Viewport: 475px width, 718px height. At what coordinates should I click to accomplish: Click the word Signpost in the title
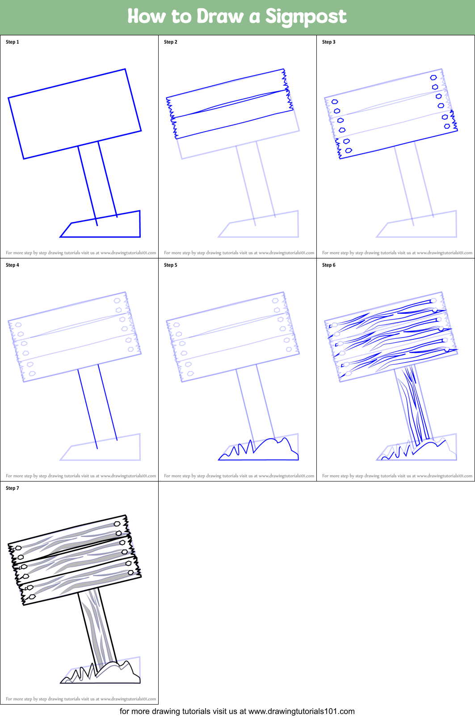(306, 17)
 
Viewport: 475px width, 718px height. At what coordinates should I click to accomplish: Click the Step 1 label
(13, 42)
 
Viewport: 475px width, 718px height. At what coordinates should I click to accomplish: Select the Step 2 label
(171, 42)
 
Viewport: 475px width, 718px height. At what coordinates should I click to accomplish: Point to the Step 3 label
(329, 42)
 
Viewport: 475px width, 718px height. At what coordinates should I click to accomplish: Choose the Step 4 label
(13, 265)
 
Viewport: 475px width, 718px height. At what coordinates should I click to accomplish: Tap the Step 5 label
(171, 265)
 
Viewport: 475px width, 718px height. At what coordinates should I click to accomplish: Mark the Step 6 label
(329, 265)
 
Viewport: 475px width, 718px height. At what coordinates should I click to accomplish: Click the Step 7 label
(13, 488)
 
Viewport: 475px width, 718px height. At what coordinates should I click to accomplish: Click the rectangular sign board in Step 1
(75, 114)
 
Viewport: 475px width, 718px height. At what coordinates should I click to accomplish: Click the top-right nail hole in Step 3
(433, 78)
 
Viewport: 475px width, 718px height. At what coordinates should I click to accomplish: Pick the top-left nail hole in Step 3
(335, 102)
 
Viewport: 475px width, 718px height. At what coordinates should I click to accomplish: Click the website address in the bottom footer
(301, 711)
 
